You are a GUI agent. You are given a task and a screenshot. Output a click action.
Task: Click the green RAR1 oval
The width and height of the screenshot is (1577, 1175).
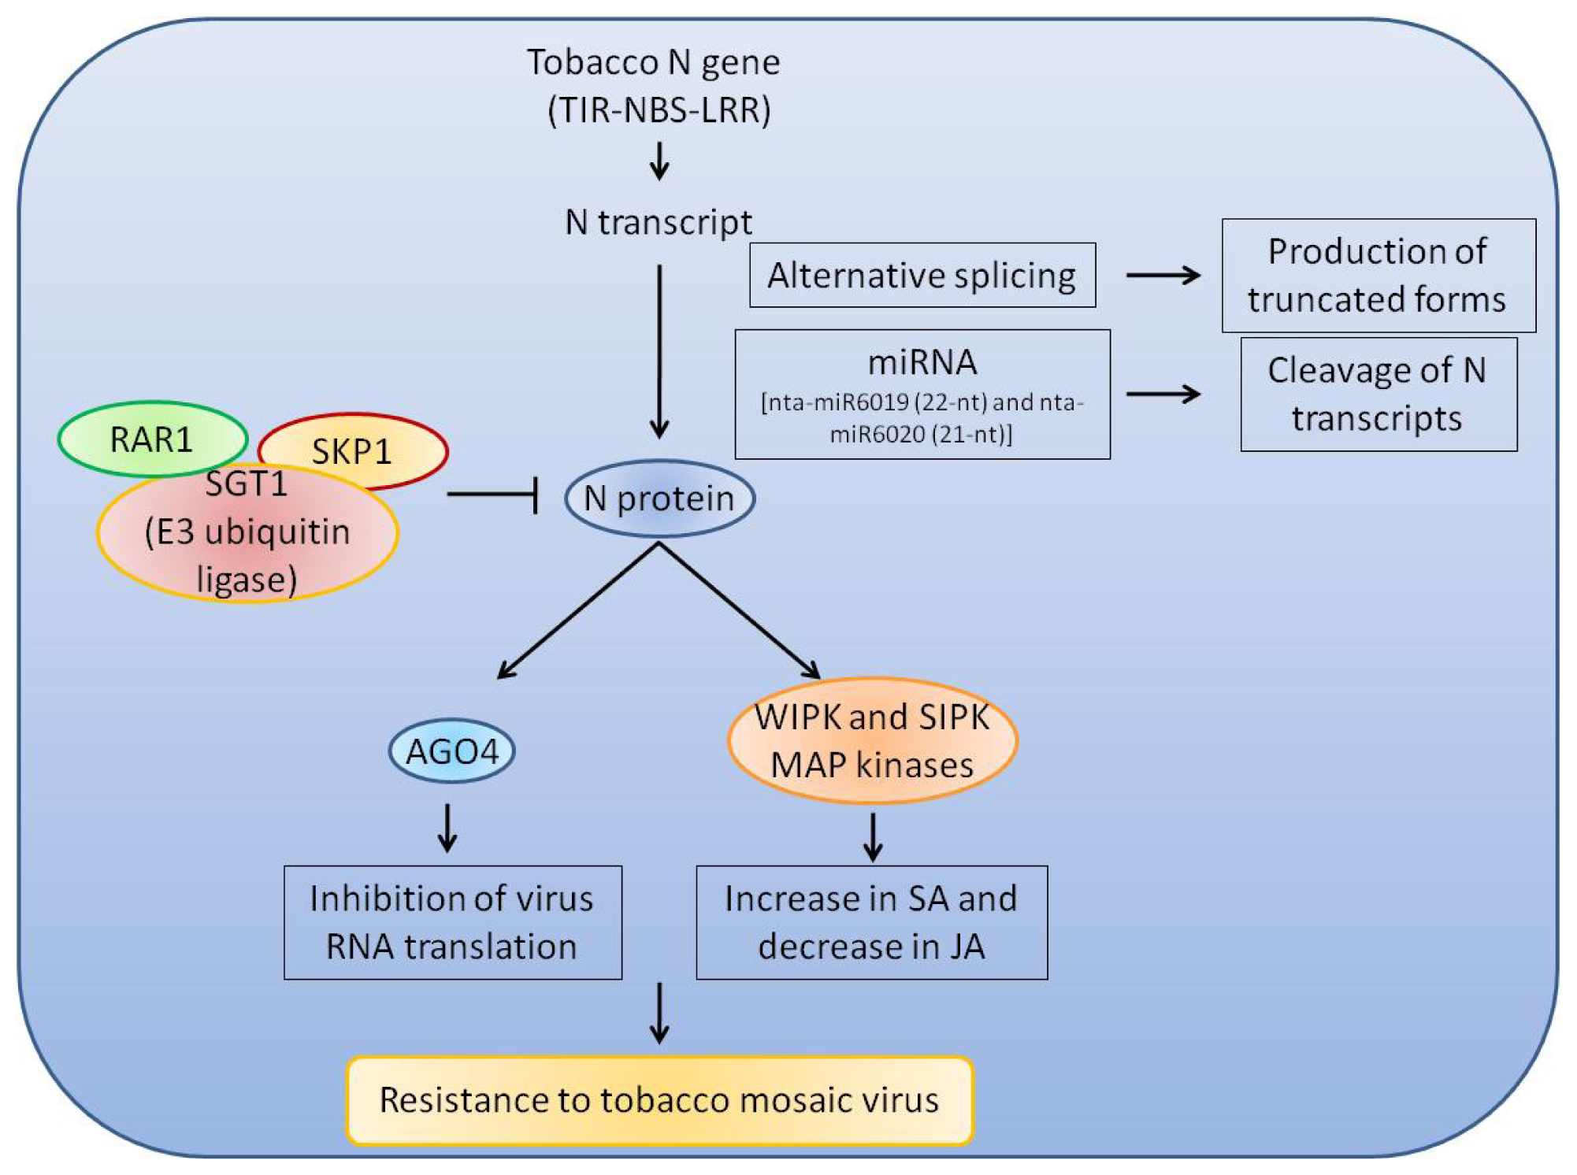(153, 439)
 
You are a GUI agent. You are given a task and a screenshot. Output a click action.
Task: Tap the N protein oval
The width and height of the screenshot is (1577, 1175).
(660, 499)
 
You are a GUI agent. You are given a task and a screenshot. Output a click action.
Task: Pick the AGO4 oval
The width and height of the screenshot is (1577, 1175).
(452, 751)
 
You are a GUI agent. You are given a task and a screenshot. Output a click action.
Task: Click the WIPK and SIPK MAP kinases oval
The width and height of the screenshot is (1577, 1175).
(873, 740)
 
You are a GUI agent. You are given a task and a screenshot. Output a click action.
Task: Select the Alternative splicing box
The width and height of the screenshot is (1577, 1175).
(922, 275)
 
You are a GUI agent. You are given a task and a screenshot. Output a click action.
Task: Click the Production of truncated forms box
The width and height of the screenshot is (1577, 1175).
(1378, 276)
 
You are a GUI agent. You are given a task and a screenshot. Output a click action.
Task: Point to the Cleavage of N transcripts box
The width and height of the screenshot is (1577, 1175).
(1378, 395)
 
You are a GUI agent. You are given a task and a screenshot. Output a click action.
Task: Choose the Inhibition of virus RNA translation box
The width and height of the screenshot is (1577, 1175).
(453, 922)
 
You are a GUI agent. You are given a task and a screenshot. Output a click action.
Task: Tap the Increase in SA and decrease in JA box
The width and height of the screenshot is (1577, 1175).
(872, 922)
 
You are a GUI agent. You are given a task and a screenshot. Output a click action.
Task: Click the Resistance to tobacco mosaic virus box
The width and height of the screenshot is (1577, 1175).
(660, 1100)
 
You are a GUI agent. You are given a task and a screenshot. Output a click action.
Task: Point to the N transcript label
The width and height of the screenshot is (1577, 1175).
(659, 223)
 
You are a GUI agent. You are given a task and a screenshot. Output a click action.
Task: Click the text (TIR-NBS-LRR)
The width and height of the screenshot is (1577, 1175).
(659, 110)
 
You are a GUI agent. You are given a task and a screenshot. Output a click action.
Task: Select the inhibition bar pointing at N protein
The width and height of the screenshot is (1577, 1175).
(493, 495)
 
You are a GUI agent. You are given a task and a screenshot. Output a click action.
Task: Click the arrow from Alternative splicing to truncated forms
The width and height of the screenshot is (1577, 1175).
(1163, 275)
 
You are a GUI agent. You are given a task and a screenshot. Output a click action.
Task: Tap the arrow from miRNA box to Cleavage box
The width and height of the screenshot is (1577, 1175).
(1163, 393)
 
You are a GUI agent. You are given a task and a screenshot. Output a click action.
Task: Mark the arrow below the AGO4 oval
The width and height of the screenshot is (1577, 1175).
(447, 828)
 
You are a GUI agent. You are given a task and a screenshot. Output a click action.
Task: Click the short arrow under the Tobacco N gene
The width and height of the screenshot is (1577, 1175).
(659, 161)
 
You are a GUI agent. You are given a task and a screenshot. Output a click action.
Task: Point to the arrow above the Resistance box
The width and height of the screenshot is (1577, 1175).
(659, 1014)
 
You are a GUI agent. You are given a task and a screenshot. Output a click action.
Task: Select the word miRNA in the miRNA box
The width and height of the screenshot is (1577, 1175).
(922, 363)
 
